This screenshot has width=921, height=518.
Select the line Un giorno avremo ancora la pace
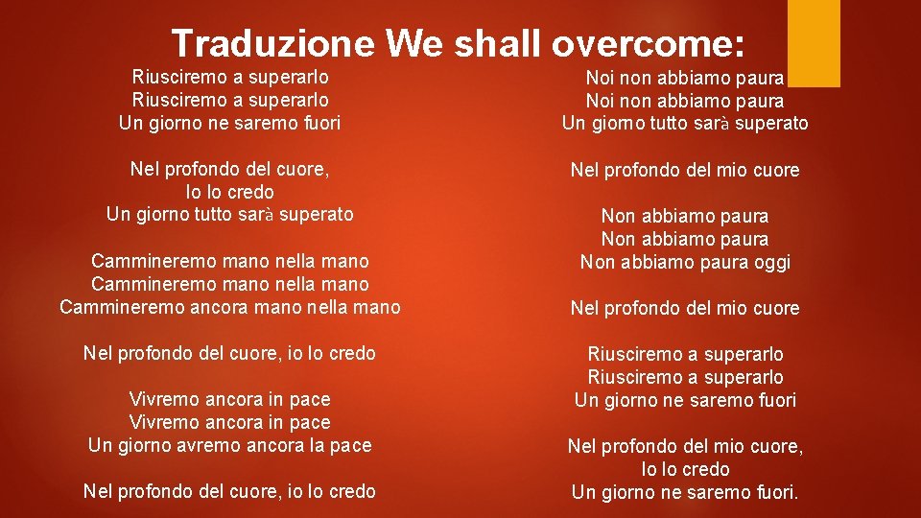(x=230, y=445)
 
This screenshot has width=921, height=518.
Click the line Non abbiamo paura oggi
(x=685, y=263)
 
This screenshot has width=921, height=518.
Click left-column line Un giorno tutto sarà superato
(x=230, y=215)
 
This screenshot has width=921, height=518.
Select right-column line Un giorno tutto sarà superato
(x=685, y=124)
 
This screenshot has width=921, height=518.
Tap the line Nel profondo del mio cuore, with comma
(x=685, y=447)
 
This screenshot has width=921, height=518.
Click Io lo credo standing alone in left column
(x=230, y=192)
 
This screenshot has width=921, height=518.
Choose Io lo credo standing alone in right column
(x=685, y=470)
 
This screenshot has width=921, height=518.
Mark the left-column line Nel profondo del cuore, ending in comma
(x=230, y=170)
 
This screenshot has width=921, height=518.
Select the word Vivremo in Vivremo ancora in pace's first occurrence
(x=162, y=399)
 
